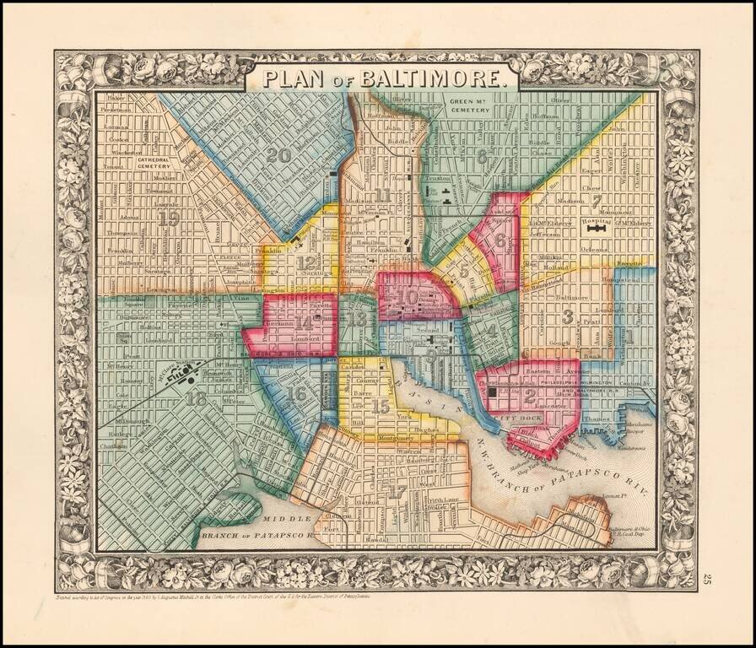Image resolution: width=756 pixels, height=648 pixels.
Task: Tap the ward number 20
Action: click(x=278, y=155)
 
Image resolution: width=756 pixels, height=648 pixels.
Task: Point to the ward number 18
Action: click(x=197, y=398)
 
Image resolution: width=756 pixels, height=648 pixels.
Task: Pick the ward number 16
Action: click(x=296, y=392)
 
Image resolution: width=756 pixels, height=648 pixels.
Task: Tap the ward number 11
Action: click(x=384, y=197)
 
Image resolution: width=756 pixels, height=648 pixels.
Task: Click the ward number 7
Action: click(x=596, y=201)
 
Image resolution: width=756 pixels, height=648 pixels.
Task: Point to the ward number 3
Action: click(x=569, y=317)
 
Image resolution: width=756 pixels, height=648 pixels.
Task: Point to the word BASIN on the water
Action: click(x=413, y=390)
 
